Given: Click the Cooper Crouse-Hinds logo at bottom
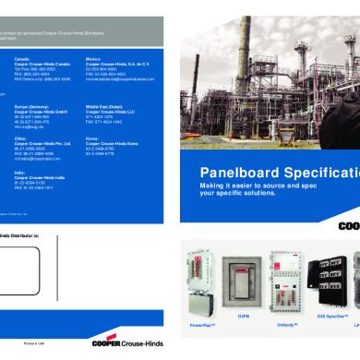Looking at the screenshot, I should (x=128, y=343).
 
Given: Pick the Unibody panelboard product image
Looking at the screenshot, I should (x=286, y=277).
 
